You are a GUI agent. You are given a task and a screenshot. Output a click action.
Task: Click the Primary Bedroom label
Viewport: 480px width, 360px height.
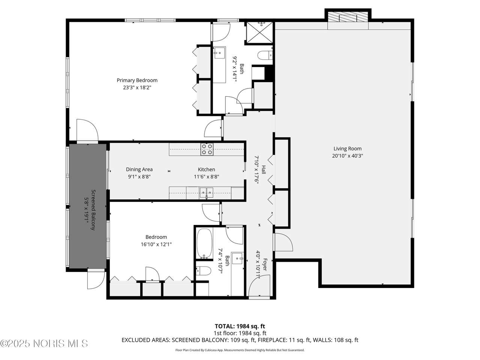tap(137, 80)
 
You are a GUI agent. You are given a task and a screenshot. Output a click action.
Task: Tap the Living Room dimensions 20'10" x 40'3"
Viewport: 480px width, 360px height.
tap(347, 156)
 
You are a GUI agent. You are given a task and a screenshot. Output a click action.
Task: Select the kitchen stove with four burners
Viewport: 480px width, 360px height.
tap(207, 149)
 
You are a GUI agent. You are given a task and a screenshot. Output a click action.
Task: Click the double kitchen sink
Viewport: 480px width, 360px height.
tap(206, 193)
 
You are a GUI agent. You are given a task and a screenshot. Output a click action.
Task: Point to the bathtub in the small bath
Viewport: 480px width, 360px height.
tap(205, 243)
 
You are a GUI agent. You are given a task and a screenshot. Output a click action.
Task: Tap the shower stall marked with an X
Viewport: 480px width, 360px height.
tap(259, 32)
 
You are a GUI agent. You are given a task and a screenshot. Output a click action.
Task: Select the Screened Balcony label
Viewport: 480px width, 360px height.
tap(93, 210)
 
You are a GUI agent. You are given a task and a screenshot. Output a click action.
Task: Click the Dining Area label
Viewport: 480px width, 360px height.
tap(139, 169)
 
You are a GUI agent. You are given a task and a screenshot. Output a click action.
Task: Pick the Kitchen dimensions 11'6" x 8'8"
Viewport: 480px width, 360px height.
tap(206, 177)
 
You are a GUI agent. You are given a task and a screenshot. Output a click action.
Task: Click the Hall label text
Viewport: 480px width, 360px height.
tap(264, 170)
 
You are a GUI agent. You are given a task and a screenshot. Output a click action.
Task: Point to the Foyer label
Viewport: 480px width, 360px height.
tap(265, 265)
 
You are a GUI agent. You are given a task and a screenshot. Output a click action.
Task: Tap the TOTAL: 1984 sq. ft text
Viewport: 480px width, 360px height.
tap(240, 326)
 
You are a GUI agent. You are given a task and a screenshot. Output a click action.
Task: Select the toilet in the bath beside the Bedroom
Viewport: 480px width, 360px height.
tap(203, 271)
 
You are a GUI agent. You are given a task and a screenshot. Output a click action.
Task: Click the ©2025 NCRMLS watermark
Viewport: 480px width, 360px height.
tap(44, 343)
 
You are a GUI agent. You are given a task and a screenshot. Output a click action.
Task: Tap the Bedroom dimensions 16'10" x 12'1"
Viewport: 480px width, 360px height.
tap(156, 244)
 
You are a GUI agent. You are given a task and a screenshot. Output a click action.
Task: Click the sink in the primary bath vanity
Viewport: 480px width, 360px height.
tap(219, 52)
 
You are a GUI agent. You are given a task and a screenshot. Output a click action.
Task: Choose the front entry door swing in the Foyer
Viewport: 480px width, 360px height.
tap(259, 285)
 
